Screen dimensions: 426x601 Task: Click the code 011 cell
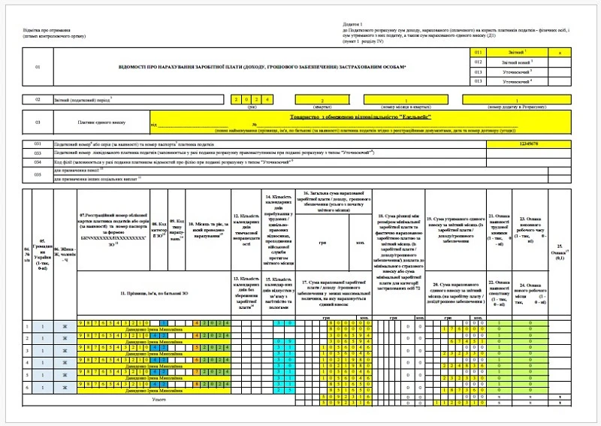point(479,53)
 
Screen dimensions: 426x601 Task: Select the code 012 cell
point(479,62)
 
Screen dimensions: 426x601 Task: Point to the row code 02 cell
point(38,99)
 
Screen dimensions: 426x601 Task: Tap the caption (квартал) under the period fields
point(322,107)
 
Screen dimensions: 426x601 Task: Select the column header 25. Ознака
point(557,249)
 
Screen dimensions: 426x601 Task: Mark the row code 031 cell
point(38,143)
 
